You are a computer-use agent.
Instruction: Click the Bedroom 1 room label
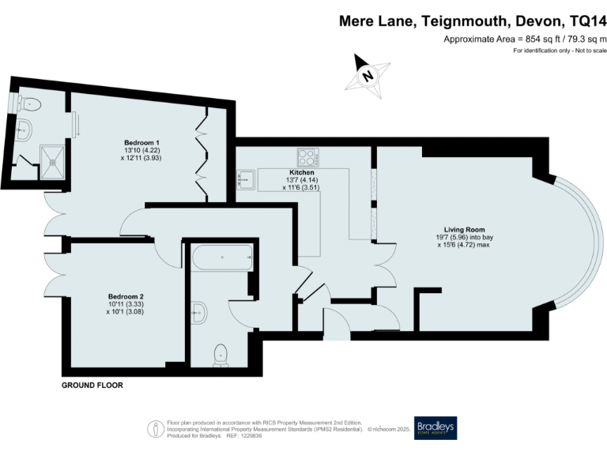coord(137,142)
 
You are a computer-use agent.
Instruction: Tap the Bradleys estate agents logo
coord(435,427)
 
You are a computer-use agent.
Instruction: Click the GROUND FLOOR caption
coord(92,385)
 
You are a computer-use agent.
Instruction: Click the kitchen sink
coord(247,179)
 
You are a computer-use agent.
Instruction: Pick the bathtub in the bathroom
coord(222,256)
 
